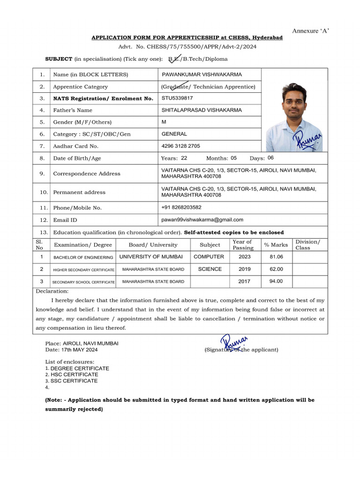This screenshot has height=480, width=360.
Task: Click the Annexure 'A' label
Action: (x=311, y=31)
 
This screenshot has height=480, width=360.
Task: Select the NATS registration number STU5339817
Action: (x=177, y=98)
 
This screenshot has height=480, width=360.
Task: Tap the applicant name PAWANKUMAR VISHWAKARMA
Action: (x=202, y=75)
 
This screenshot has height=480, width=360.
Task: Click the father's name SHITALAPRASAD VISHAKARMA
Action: (x=202, y=110)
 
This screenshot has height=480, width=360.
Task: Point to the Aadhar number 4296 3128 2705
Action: (x=180, y=146)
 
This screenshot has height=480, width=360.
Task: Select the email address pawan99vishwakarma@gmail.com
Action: (x=202, y=219)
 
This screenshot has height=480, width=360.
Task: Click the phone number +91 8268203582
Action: (x=181, y=207)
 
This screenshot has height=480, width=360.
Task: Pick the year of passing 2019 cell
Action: (x=244, y=270)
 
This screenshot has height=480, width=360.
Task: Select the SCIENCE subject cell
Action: (x=210, y=269)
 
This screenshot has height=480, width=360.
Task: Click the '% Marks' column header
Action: (x=276, y=245)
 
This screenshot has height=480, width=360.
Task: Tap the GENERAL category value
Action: (x=174, y=134)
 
